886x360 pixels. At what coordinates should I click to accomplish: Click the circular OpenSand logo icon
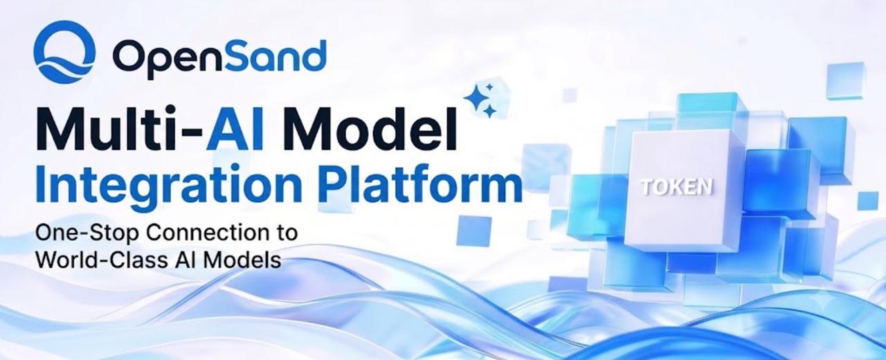point(64,52)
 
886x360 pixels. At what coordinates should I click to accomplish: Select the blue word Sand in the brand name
point(269,55)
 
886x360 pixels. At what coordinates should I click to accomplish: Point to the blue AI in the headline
point(235,129)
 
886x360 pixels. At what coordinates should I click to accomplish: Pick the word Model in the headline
point(370,129)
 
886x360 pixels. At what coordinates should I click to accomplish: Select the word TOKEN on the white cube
point(677,187)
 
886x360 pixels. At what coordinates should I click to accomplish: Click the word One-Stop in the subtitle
point(87,233)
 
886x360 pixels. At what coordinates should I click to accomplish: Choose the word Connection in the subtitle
point(209,233)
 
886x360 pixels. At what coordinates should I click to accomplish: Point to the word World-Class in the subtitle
point(102,260)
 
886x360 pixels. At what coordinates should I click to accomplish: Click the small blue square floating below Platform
point(474,231)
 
